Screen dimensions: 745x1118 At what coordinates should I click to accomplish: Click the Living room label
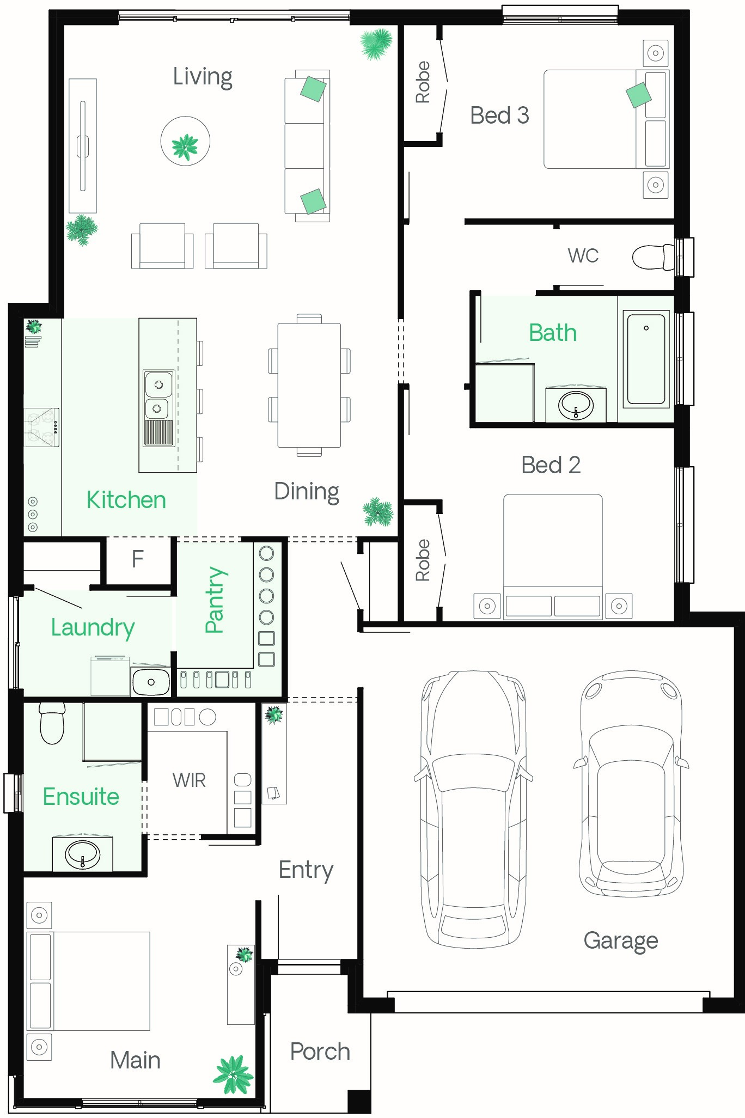coord(203,77)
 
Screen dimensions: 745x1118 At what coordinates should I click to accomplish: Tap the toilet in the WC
coord(654,256)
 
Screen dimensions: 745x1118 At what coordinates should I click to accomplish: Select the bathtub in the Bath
coord(646,359)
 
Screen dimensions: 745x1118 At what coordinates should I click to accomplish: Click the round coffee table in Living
coord(185,141)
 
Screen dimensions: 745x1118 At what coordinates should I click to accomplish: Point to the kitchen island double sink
coord(158,394)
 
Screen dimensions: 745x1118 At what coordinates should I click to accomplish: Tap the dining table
coord(309,385)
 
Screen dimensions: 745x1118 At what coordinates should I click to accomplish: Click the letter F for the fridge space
coord(138,559)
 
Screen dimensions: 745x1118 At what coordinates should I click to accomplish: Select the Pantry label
coord(215,600)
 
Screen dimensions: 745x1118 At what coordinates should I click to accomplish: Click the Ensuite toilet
coord(52,723)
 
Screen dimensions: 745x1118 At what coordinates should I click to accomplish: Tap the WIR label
coord(189,780)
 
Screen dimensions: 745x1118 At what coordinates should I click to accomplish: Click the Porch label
coord(320,1052)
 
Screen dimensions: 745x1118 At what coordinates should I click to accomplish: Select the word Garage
coord(621,941)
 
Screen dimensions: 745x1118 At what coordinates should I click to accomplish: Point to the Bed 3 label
coord(499,115)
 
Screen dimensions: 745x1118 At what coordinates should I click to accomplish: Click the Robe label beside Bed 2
coord(423,560)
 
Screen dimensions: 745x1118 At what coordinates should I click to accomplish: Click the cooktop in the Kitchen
coord(42,427)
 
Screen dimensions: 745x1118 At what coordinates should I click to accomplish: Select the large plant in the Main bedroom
coord(234,1076)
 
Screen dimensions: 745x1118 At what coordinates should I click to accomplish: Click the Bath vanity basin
coord(576,405)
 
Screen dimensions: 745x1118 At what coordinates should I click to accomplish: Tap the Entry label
coord(306,870)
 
